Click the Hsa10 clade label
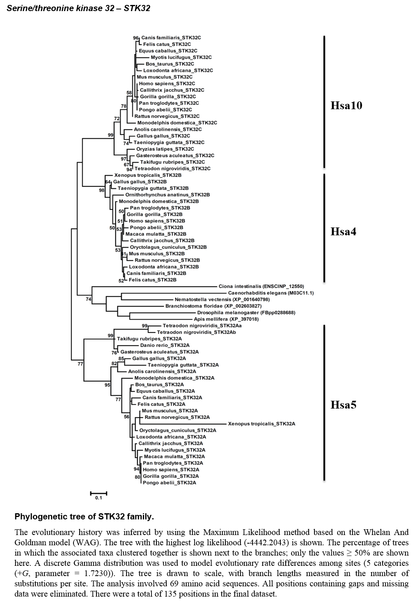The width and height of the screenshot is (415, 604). point(346,106)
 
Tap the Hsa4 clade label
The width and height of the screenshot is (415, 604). point(343,232)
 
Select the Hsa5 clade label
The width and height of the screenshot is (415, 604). point(343,405)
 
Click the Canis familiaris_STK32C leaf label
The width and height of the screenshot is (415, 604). point(171,38)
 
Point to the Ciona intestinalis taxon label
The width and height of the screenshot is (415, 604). point(261,286)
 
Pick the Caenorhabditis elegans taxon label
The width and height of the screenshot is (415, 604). point(271,293)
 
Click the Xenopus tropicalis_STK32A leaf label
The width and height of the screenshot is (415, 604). point(261,424)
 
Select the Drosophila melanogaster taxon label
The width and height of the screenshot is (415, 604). point(246,312)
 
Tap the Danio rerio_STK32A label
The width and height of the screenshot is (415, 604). point(165,345)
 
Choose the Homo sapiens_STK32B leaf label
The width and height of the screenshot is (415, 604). point(157,221)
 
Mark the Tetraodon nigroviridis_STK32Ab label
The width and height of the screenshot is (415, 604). point(197,332)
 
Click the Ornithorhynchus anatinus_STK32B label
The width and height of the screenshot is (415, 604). point(167,195)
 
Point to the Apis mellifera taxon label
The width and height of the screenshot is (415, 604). point(226,319)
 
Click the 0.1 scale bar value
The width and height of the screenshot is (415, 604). point(99,498)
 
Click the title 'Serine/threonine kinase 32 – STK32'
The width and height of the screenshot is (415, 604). point(78,8)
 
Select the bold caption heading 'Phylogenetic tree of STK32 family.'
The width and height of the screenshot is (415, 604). point(84,517)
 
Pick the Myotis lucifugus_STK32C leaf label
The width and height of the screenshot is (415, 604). point(181,57)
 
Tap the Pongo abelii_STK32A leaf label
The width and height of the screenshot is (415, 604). point(169,482)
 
